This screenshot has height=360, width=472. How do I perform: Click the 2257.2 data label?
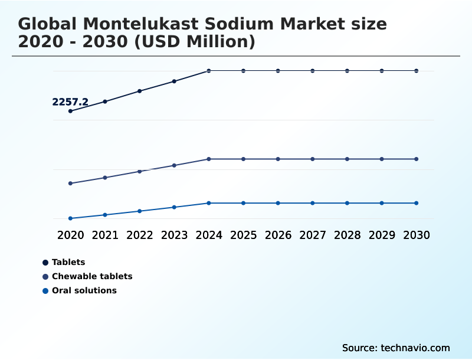[70, 102]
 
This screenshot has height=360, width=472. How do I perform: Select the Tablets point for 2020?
[70, 111]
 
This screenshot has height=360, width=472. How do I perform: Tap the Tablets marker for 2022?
[140, 91]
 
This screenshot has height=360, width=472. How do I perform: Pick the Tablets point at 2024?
[209, 71]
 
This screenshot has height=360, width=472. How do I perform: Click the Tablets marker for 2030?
[417, 71]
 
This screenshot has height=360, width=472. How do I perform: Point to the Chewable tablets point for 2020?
[70, 184]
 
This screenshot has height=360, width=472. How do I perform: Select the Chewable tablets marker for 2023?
[174, 165]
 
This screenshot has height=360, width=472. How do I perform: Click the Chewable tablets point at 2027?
[313, 159]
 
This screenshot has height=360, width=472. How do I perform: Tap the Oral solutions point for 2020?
[70, 218]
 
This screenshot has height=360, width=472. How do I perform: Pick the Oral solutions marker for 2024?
[209, 203]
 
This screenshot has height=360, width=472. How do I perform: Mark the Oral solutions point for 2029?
[382, 203]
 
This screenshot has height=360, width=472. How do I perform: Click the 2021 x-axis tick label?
[105, 235]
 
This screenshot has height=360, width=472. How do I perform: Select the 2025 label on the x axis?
[243, 235]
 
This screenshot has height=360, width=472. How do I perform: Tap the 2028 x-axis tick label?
[347, 235]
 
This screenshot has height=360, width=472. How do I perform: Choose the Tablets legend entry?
[68, 262]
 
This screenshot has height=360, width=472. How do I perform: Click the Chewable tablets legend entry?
[91, 276]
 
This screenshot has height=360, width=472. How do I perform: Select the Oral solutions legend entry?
[84, 290]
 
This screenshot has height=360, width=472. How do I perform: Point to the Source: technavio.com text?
[396, 348]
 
